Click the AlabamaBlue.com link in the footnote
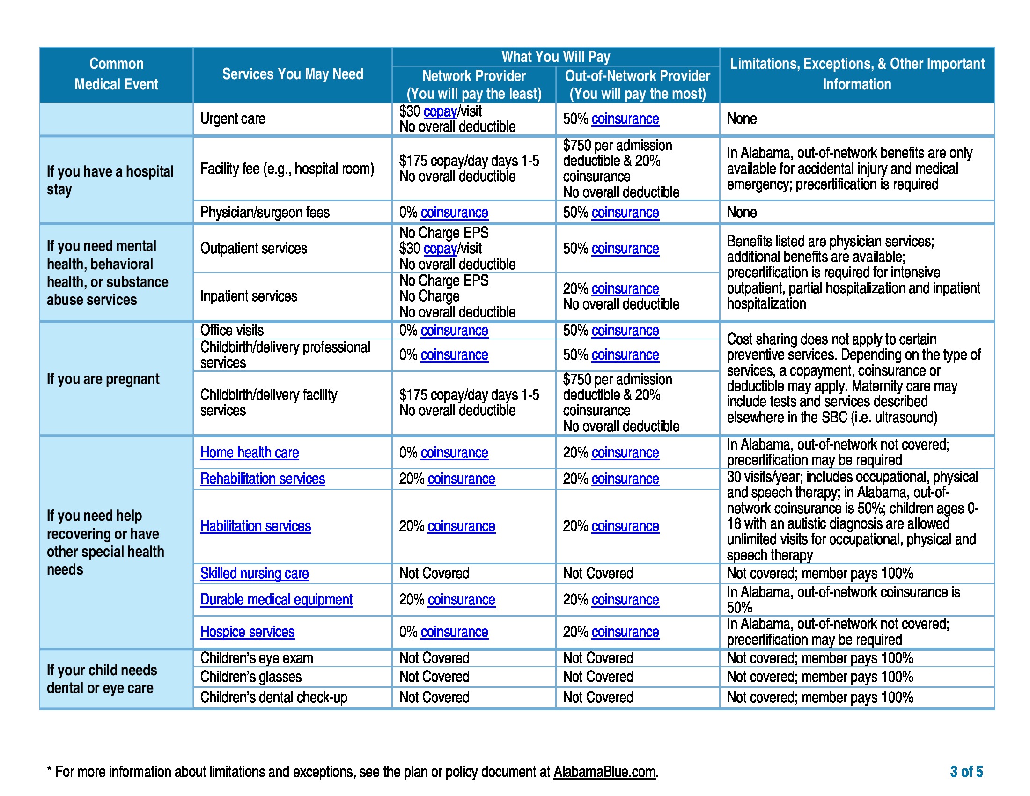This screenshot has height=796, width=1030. click(x=604, y=772)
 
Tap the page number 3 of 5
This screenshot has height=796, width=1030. click(x=966, y=772)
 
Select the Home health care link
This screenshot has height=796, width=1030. click(x=250, y=452)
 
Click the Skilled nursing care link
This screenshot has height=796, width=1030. click(x=254, y=573)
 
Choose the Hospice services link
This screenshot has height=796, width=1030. click(x=247, y=632)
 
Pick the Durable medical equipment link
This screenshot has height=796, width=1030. click(x=276, y=599)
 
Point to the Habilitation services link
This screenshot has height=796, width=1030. click(x=255, y=526)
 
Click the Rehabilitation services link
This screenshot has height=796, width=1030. click(x=262, y=479)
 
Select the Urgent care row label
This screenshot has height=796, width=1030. click(x=233, y=119)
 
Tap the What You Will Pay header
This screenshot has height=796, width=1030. click(x=555, y=57)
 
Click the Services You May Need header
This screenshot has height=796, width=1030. click(x=293, y=74)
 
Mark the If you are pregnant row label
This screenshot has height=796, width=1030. click(x=103, y=379)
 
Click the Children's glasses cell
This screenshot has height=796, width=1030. click(x=250, y=677)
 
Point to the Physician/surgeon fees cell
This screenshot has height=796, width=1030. click(x=265, y=212)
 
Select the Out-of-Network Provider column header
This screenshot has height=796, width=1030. click(x=637, y=84)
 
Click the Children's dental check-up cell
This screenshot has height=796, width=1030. click(x=273, y=697)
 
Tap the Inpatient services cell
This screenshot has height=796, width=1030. click(x=249, y=296)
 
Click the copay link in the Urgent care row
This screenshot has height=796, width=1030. click(x=440, y=111)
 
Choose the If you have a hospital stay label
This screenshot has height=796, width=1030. click(x=110, y=180)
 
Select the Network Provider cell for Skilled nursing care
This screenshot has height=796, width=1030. click(x=434, y=573)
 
